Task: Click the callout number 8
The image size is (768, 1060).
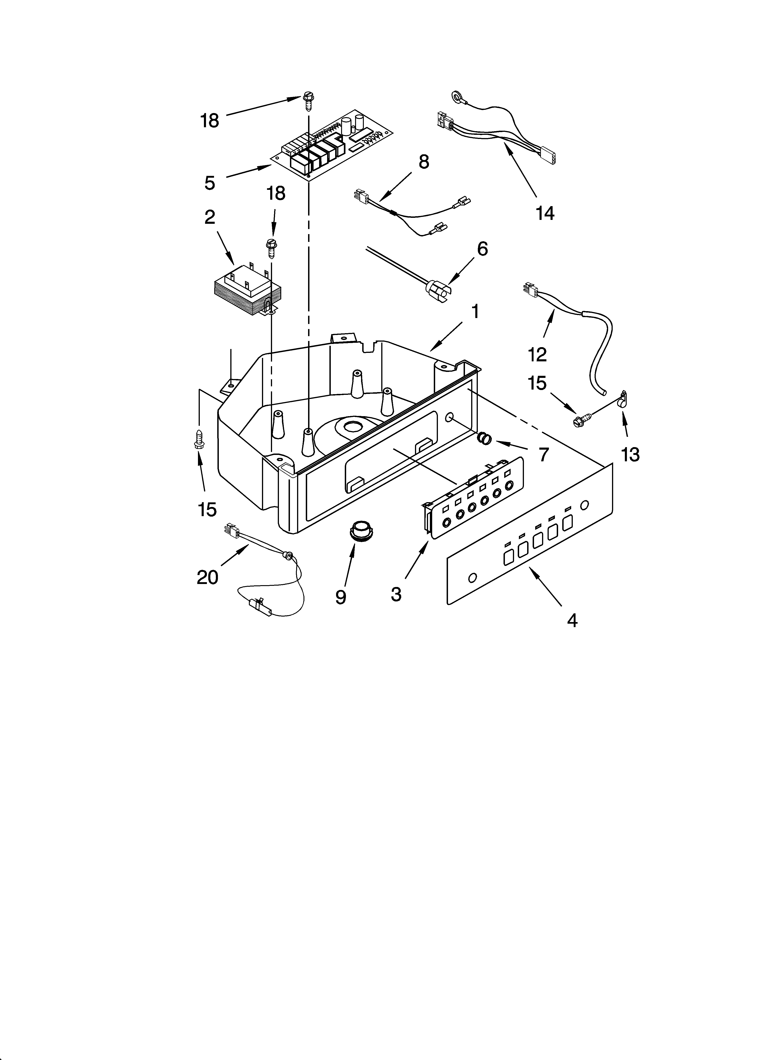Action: (x=423, y=162)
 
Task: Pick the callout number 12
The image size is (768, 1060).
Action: (x=537, y=355)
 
